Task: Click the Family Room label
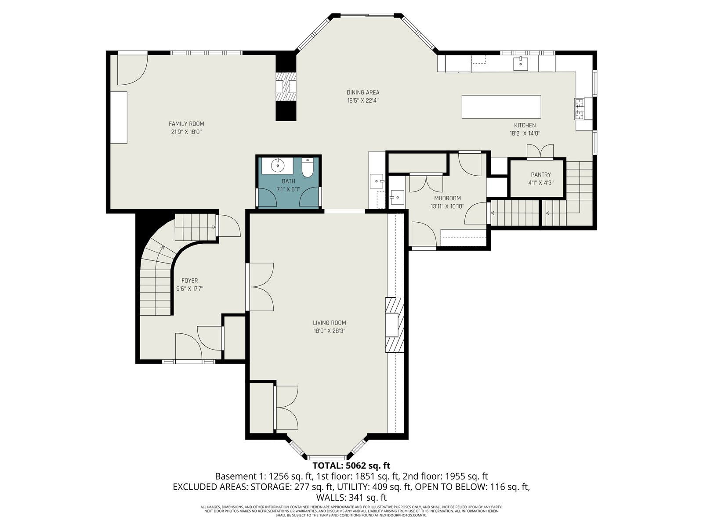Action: (x=186, y=124)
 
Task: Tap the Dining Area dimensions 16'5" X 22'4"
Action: (x=363, y=101)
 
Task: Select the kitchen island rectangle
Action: (x=501, y=107)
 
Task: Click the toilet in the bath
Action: (x=307, y=168)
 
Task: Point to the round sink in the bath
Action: (x=277, y=165)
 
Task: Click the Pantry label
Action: (x=541, y=175)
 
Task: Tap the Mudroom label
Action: (x=447, y=199)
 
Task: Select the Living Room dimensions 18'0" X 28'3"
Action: (x=329, y=331)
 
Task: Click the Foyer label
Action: (x=190, y=281)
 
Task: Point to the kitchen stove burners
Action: (x=579, y=108)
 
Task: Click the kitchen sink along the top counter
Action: (x=521, y=63)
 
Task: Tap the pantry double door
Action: (x=540, y=151)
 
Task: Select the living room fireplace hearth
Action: (x=395, y=325)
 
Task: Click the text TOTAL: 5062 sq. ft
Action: (x=351, y=465)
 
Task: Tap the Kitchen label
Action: (x=525, y=126)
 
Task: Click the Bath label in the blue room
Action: (x=288, y=181)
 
